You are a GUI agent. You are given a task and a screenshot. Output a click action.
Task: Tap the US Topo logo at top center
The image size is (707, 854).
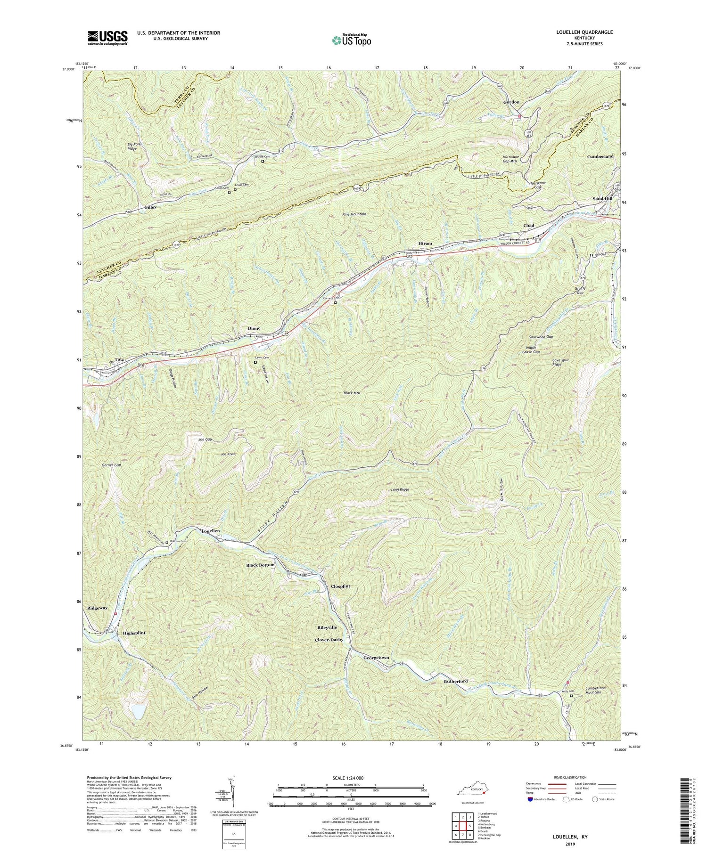[x=351, y=40]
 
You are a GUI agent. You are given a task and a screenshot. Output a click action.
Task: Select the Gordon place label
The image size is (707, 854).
[x=511, y=102]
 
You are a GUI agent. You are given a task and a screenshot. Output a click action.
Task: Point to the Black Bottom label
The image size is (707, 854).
[x=260, y=565]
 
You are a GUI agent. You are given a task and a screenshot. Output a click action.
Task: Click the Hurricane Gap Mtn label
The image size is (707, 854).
[x=525, y=158]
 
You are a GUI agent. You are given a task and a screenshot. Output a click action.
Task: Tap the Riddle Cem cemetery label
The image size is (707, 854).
[x=263, y=156]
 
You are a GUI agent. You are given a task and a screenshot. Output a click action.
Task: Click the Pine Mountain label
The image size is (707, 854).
[x=354, y=214]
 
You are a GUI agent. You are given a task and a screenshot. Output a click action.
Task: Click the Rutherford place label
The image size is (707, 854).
[x=455, y=682]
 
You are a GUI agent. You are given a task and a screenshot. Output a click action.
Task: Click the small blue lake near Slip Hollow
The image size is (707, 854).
[x=137, y=711]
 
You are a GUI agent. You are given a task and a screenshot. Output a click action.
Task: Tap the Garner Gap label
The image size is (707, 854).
[x=111, y=465]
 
